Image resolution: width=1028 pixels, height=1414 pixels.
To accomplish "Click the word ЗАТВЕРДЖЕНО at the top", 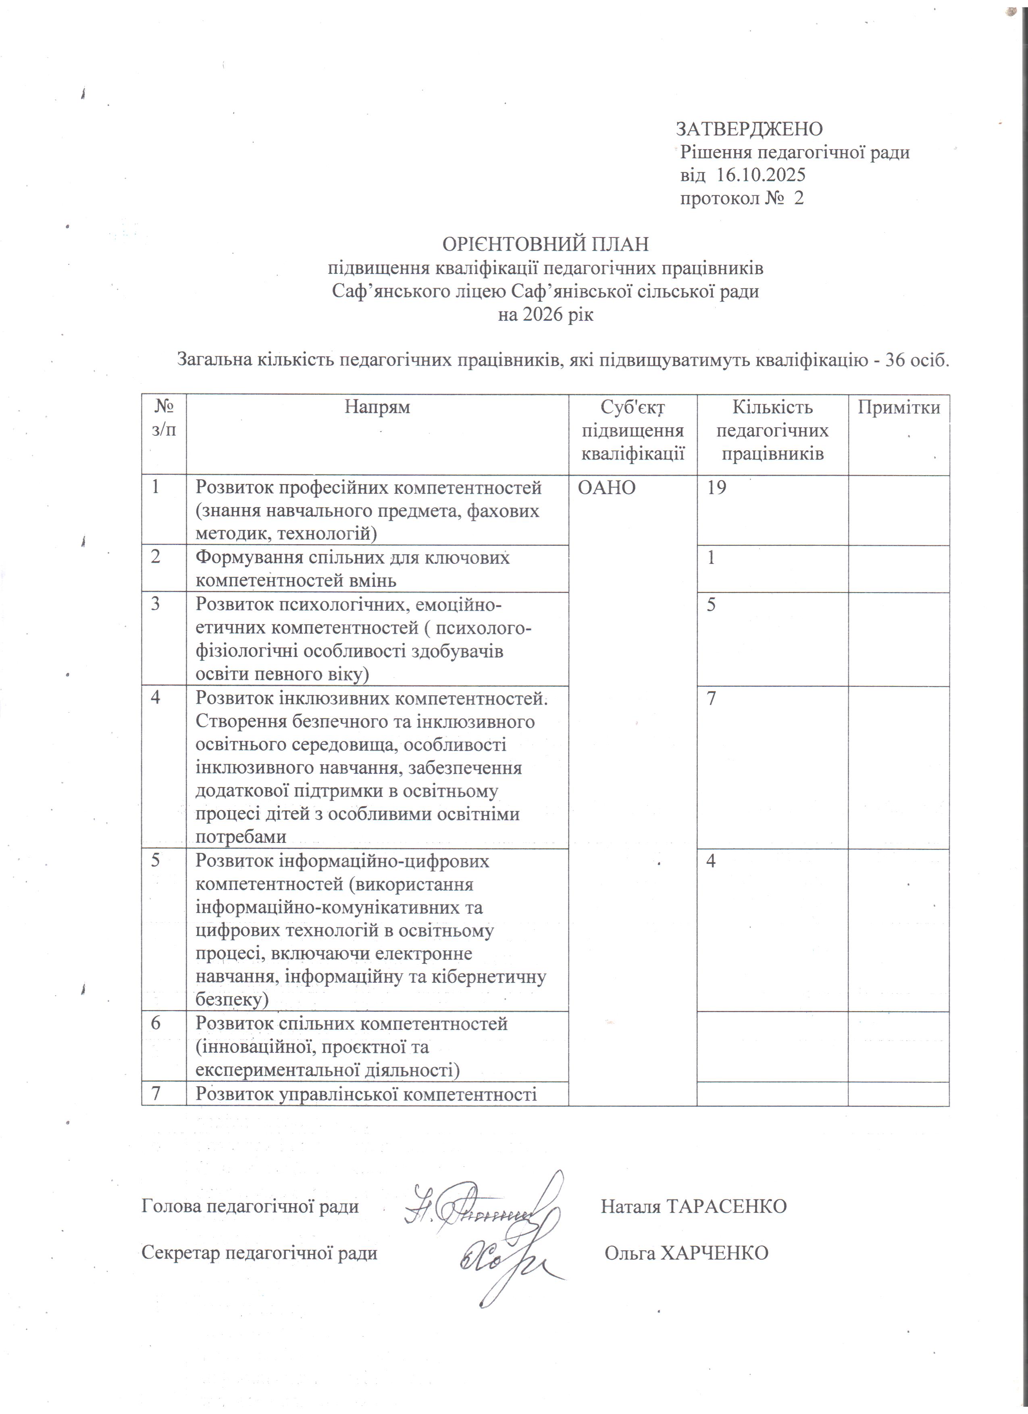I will [x=749, y=129].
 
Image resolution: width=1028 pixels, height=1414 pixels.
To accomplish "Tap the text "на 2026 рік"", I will [x=545, y=315].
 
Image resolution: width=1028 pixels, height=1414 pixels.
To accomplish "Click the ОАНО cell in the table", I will [x=607, y=488].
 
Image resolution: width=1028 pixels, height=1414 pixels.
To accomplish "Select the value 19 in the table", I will [x=716, y=488].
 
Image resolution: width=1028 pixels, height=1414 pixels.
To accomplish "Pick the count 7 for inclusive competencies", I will [x=711, y=698].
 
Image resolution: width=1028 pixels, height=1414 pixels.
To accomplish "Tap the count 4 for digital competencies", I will [x=711, y=861].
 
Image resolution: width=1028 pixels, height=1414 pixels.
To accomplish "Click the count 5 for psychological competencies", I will [x=711, y=605].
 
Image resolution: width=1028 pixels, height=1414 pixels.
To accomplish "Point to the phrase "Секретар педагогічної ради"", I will [x=259, y=1253].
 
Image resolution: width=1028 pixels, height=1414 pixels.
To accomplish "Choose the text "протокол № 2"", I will [x=741, y=198].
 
